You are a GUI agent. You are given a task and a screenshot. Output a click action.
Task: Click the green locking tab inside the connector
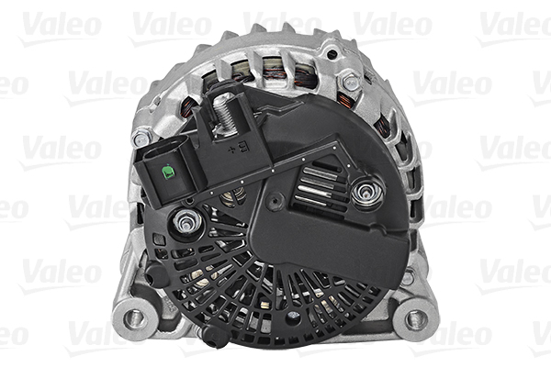coord(168,171)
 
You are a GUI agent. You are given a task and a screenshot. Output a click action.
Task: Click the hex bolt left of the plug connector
coord(141,139)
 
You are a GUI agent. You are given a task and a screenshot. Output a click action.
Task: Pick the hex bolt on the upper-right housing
coord(350,83)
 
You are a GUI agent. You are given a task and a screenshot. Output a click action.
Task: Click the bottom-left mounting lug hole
coord(135,317)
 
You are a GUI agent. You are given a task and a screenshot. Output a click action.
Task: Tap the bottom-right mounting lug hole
coord(416,318)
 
